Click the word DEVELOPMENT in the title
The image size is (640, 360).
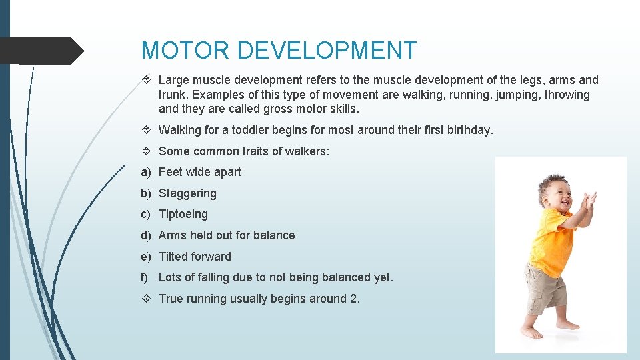tap(327, 51)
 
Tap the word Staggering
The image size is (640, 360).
tap(187, 193)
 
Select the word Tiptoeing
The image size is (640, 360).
tap(183, 214)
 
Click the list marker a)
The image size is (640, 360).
tap(146, 172)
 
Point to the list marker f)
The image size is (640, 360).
tap(145, 277)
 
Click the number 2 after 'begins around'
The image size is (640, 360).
tap(353, 299)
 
